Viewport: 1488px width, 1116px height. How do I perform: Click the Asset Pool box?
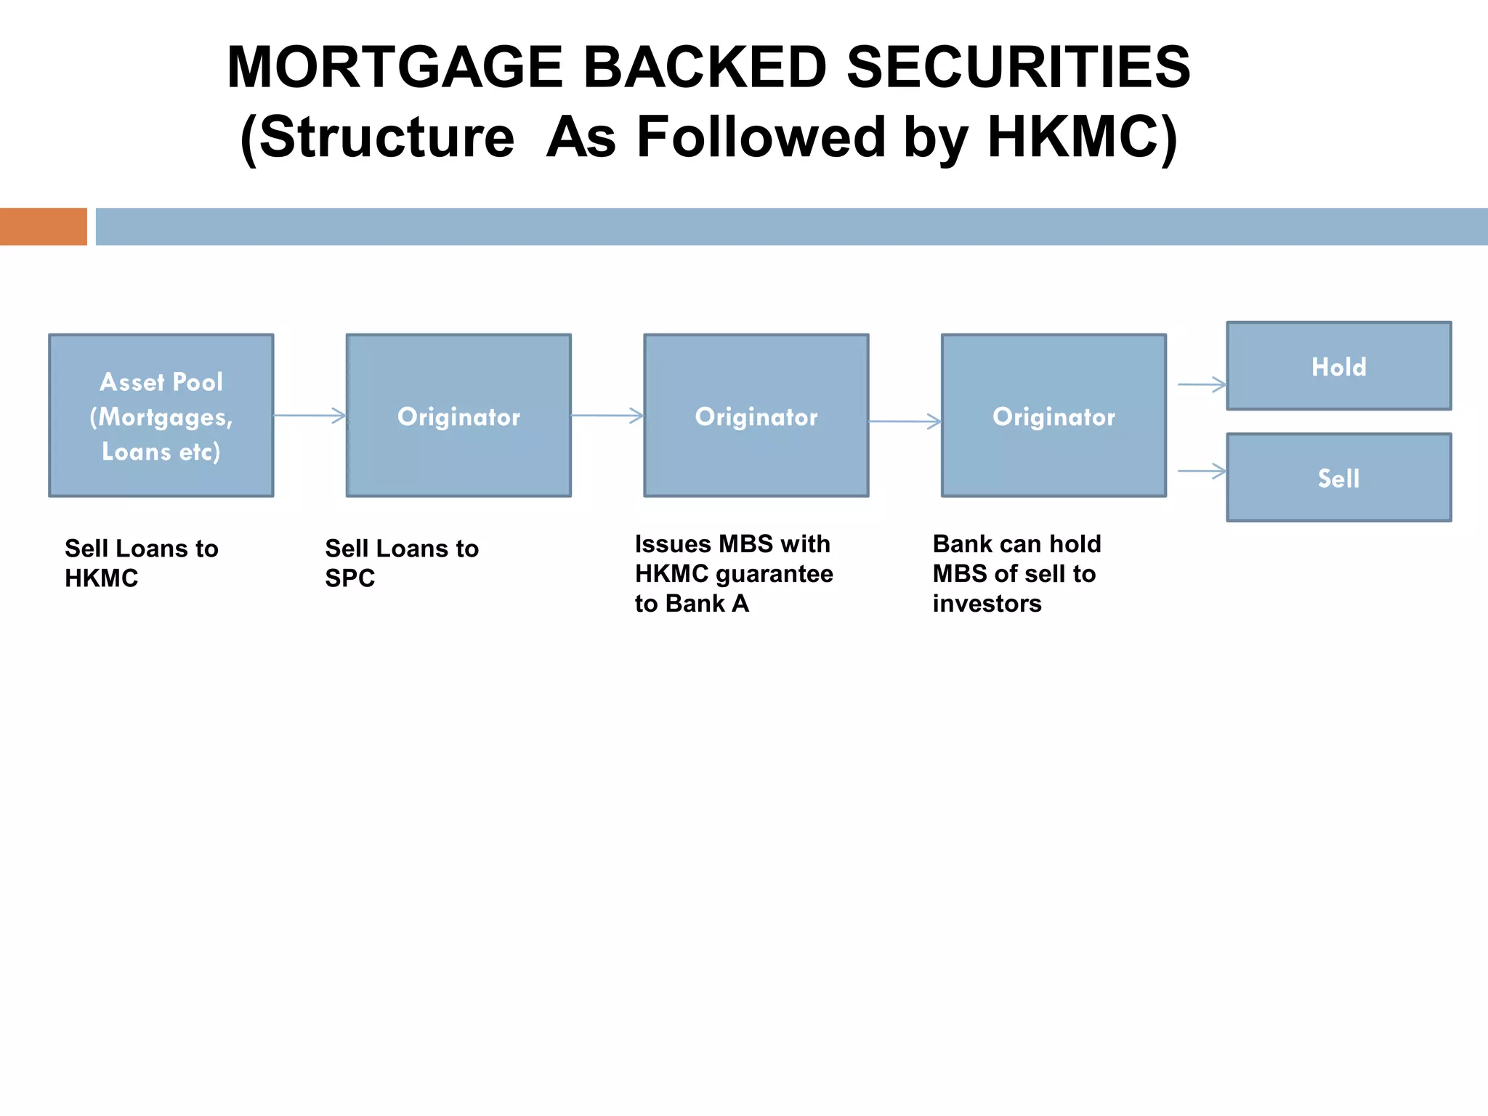161,416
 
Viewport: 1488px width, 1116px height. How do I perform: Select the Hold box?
1338,366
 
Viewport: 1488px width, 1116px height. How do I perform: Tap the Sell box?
1338,478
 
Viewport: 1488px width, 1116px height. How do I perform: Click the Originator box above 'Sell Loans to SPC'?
458,416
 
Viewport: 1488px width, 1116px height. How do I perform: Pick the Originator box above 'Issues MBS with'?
756,416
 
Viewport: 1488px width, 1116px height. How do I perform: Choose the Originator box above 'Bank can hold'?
1054,416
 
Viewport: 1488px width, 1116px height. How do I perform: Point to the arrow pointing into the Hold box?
1202,384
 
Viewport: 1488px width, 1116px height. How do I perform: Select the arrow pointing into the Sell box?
1202,472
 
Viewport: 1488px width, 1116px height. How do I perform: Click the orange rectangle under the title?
44,227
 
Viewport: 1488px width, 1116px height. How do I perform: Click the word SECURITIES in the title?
1018,68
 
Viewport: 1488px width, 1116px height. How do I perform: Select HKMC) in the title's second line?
1082,137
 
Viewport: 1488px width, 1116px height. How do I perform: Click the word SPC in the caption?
349,578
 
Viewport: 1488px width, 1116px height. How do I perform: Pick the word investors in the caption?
987,604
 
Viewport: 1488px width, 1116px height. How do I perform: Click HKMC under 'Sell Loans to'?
101,578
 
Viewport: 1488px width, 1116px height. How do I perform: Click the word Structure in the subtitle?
387,137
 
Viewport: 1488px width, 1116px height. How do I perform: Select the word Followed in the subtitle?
761,137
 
